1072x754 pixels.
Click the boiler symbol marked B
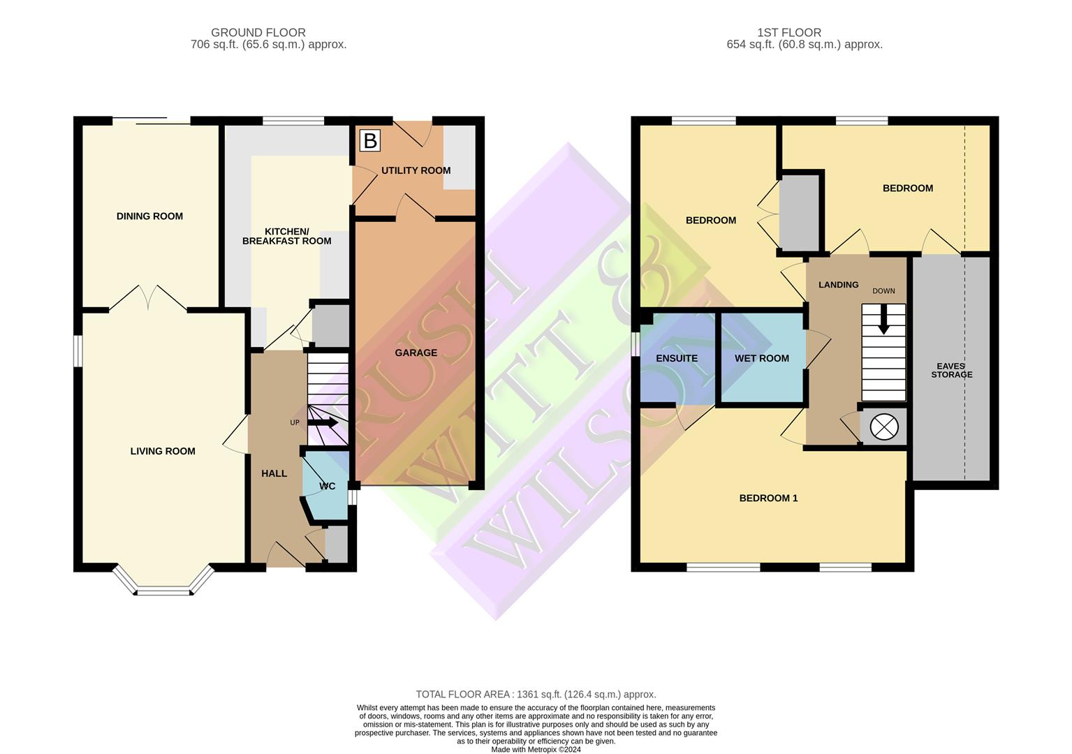[x=369, y=141]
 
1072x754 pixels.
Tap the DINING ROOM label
[x=149, y=216]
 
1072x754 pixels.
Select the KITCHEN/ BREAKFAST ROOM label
[x=286, y=236]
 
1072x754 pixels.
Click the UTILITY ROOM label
[x=416, y=170]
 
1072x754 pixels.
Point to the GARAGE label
[x=416, y=353]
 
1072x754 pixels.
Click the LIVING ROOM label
[x=163, y=451]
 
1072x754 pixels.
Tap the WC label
[x=327, y=486]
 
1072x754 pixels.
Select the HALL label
[x=274, y=473]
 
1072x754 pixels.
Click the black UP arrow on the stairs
[x=323, y=422]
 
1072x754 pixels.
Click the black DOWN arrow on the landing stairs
[x=883, y=320]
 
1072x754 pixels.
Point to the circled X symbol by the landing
[x=883, y=427]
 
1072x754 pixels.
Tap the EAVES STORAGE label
[x=951, y=370]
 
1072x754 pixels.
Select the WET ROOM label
[x=761, y=358]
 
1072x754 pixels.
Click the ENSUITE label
[x=676, y=358]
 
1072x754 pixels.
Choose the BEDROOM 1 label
[x=768, y=498]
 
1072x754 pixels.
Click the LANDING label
[x=838, y=285]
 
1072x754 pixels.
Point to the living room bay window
[x=163, y=586]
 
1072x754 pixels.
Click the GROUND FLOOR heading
[x=258, y=32]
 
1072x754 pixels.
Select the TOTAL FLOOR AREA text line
[x=536, y=694]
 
